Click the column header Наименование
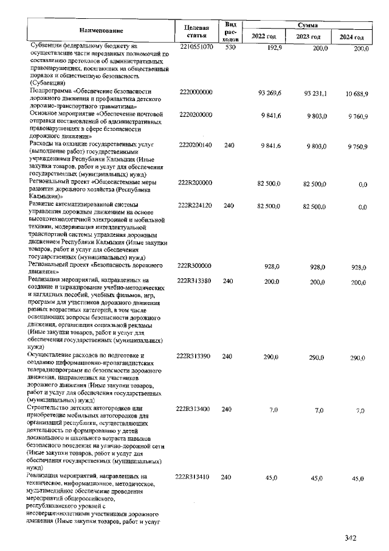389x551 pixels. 101,30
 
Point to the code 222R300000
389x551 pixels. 195,267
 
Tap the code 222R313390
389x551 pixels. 195,357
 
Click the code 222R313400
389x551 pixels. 195,410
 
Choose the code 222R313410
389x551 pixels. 195,478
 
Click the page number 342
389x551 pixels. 349,538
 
